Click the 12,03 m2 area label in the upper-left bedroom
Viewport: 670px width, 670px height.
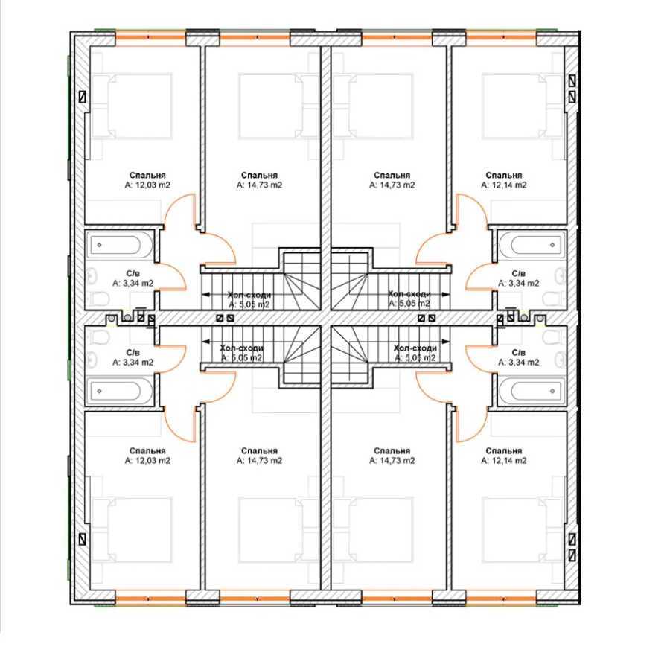pos(147,185)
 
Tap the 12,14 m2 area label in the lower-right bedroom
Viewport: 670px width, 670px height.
pos(504,461)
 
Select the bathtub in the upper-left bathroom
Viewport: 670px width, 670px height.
pos(120,244)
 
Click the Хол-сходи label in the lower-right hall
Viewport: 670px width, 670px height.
pos(415,348)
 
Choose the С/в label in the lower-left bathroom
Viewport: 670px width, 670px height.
pos(133,352)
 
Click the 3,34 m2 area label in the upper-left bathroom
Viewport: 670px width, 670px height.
pos(133,284)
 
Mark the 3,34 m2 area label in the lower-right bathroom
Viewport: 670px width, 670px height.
pos(519,363)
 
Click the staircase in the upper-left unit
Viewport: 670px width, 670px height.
pos(301,281)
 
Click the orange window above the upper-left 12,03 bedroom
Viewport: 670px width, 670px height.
pos(150,35)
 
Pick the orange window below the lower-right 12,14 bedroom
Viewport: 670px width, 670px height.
pos(501,596)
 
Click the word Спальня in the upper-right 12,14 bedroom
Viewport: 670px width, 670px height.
pos(504,175)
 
